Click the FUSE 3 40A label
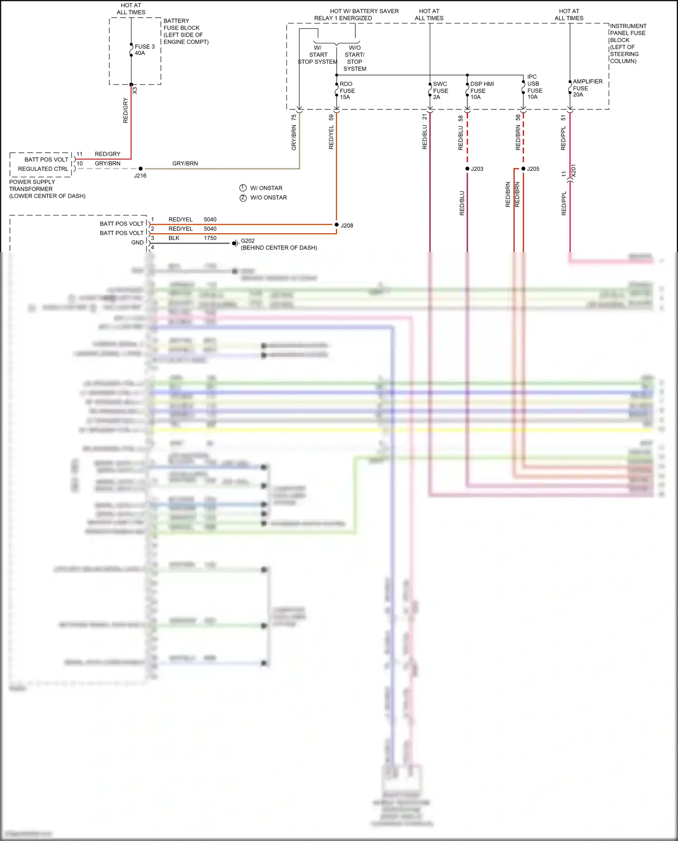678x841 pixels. (144, 50)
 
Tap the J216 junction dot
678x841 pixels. (141, 169)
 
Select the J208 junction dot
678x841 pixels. (337, 225)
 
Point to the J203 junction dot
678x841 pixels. (467, 169)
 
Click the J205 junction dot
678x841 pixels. (523, 169)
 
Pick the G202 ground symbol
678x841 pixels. (235, 243)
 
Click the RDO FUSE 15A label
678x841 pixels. (347, 90)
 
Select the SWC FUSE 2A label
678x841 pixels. (440, 90)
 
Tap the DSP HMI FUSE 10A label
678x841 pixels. (482, 90)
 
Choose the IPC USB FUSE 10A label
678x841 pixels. (534, 87)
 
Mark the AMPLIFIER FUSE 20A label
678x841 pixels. (587, 88)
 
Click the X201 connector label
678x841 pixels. (574, 171)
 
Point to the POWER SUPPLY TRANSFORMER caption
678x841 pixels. (47, 189)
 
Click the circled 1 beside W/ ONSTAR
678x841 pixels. (243, 188)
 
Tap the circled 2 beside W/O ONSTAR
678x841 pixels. (243, 197)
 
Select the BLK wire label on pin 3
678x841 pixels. (174, 238)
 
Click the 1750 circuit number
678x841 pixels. (210, 238)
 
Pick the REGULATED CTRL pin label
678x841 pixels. (43, 169)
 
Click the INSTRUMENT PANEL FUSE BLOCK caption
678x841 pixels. (628, 43)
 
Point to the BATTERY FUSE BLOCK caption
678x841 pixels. (186, 31)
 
